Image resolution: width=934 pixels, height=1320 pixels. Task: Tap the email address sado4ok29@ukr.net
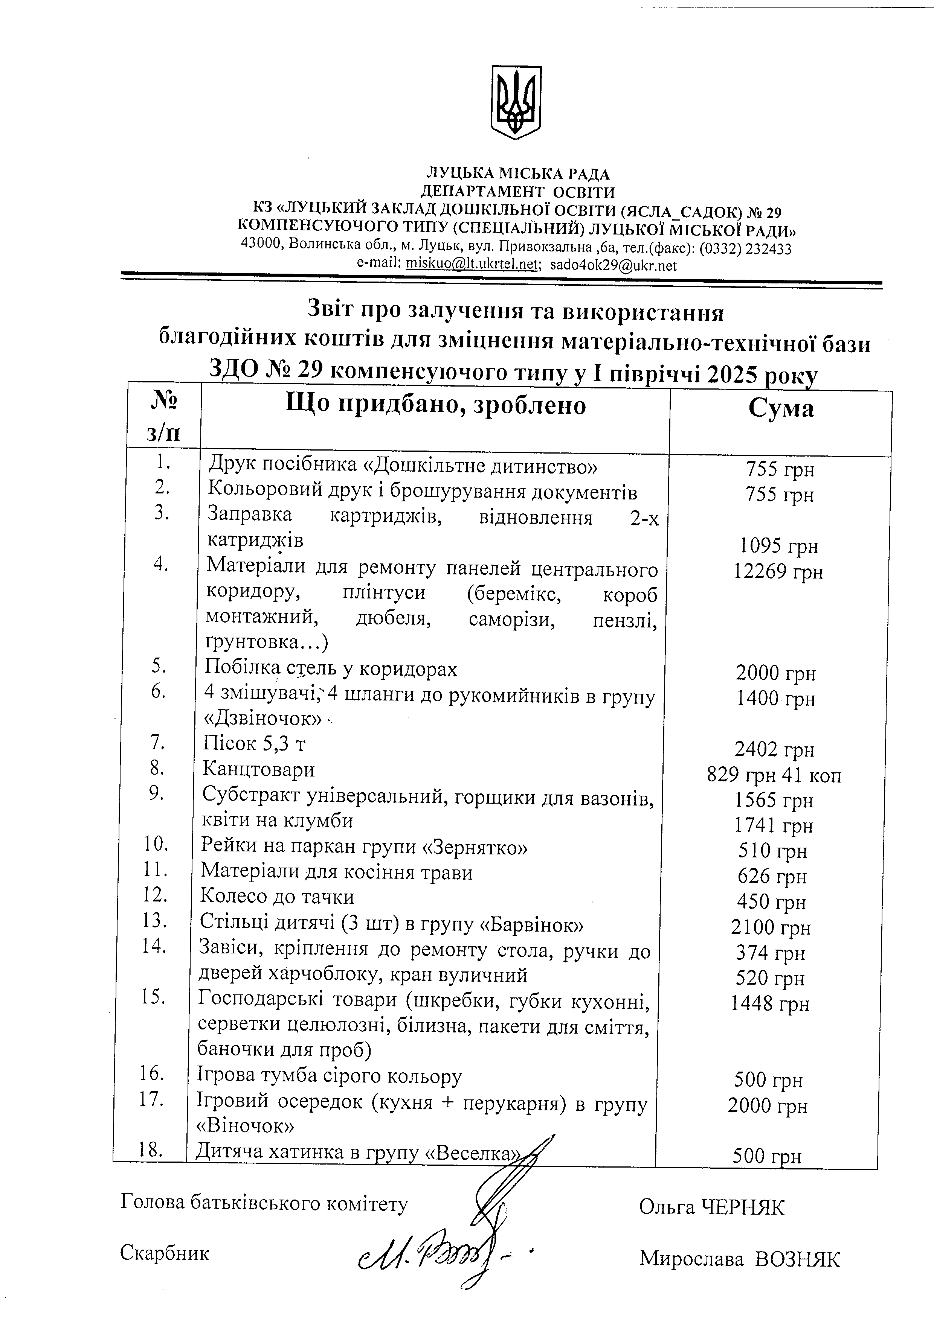[x=613, y=266]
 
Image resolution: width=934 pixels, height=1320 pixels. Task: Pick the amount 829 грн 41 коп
[x=774, y=776]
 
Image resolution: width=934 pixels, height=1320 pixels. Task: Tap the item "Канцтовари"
[x=258, y=769]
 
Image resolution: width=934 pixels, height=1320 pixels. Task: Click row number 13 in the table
[x=154, y=920]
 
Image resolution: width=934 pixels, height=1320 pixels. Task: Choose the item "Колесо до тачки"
[x=277, y=896]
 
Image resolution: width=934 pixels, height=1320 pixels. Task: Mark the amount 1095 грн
[x=779, y=546]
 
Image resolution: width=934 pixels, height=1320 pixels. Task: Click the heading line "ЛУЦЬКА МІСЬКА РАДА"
[x=517, y=174]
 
